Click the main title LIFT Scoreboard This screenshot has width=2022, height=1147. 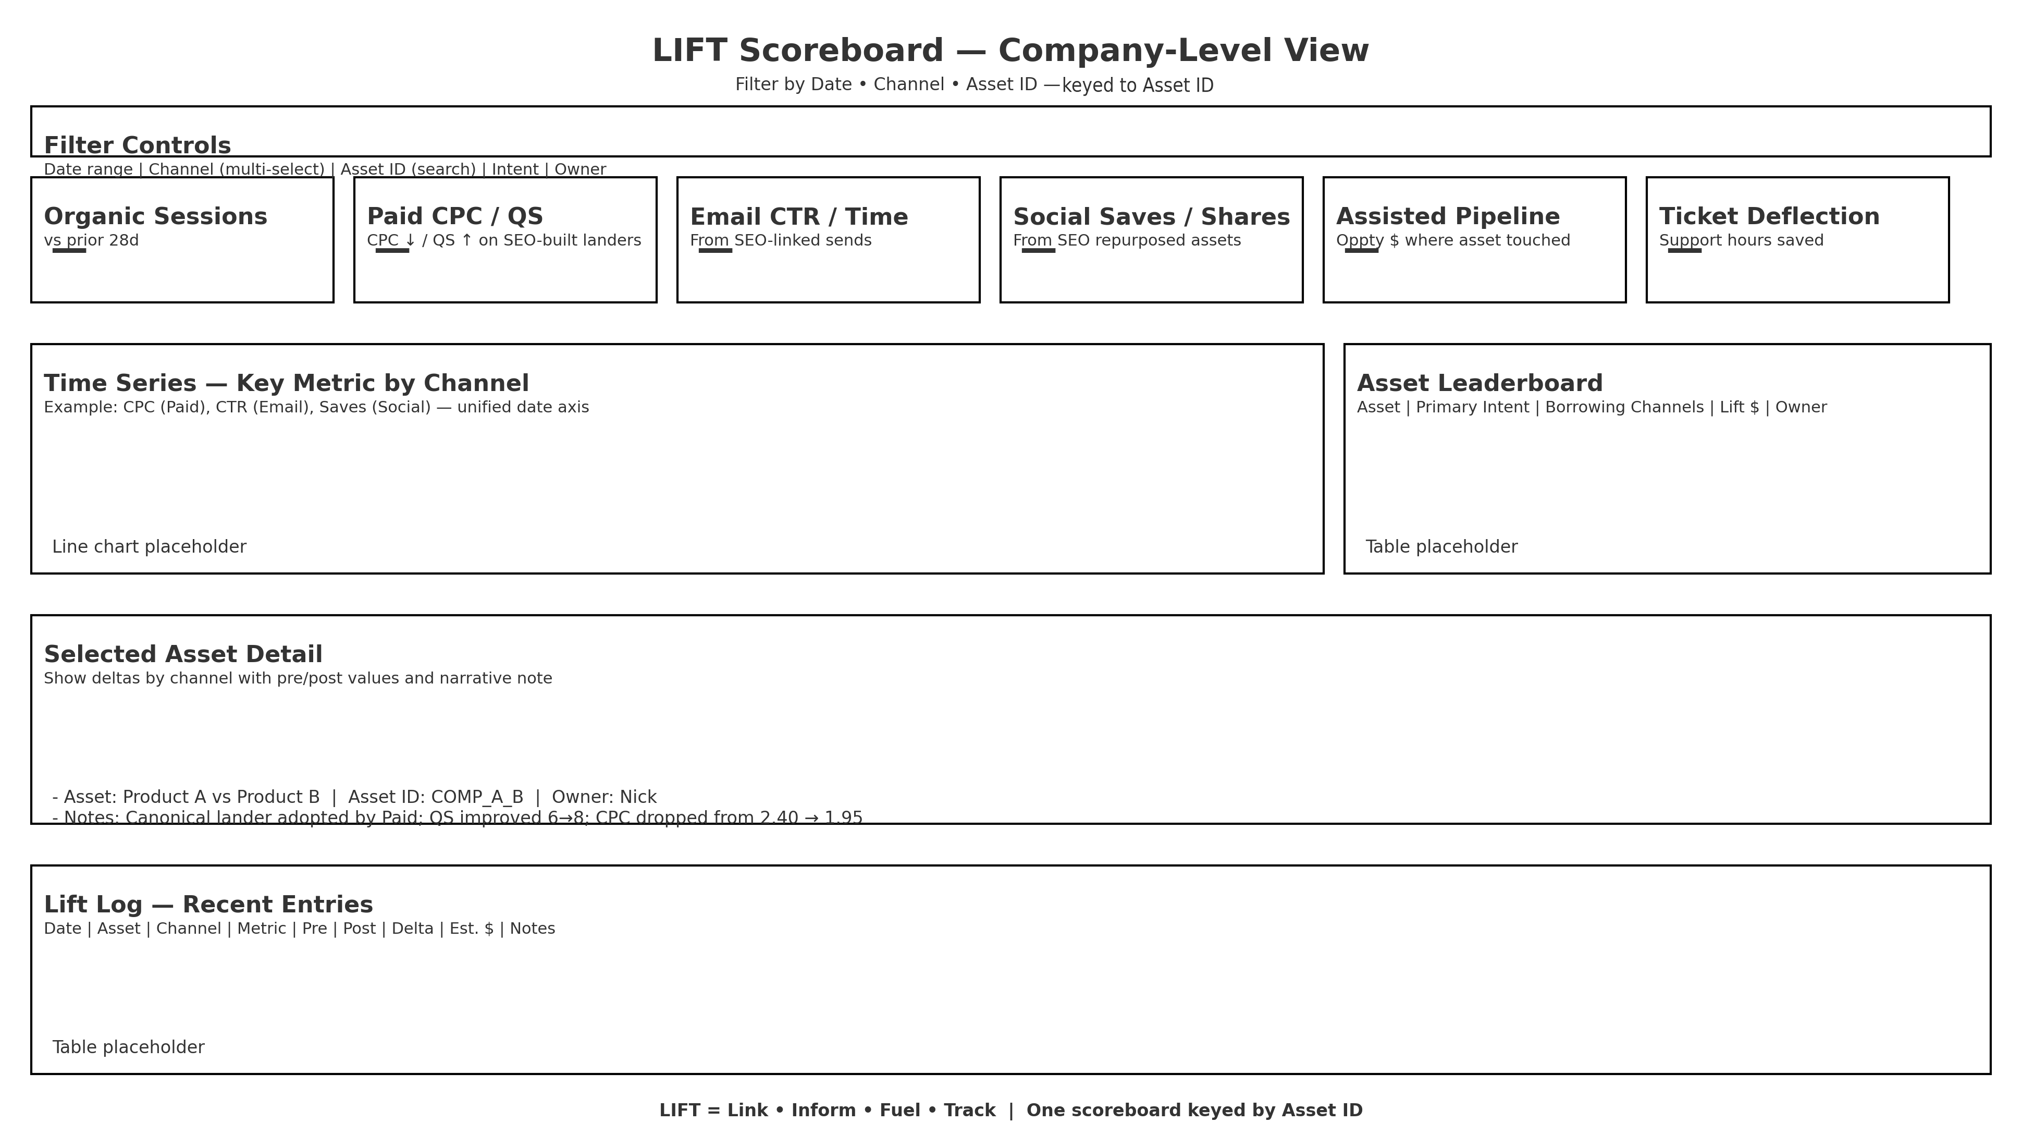coord(1010,51)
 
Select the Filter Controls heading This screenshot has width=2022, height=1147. coord(137,146)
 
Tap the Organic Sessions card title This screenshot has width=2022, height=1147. coord(155,217)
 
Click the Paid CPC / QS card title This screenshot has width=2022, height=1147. coord(454,217)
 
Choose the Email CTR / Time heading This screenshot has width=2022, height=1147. coord(798,217)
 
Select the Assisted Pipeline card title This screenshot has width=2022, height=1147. coord(1447,217)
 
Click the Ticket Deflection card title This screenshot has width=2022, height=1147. coord(1768,217)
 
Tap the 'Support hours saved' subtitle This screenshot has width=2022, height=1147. coord(1741,240)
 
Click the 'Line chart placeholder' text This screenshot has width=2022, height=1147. coord(149,547)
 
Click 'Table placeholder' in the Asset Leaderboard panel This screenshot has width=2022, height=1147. coord(1441,547)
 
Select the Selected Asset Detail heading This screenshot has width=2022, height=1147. coord(183,655)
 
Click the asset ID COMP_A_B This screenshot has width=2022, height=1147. coord(477,797)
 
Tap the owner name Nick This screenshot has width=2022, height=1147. coord(638,797)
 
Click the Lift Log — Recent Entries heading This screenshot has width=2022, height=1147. coord(208,905)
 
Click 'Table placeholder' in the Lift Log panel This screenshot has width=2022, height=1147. coord(128,1047)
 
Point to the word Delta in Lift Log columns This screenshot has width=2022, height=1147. coord(412,929)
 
